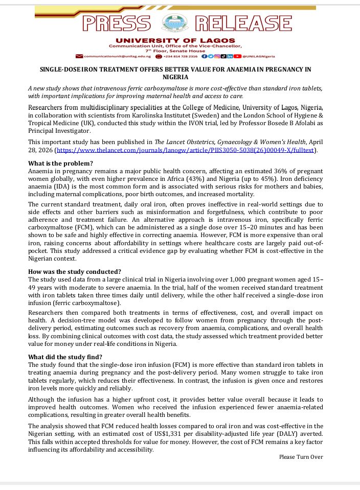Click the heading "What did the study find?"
tap(65, 357)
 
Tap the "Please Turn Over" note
tap(301, 457)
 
